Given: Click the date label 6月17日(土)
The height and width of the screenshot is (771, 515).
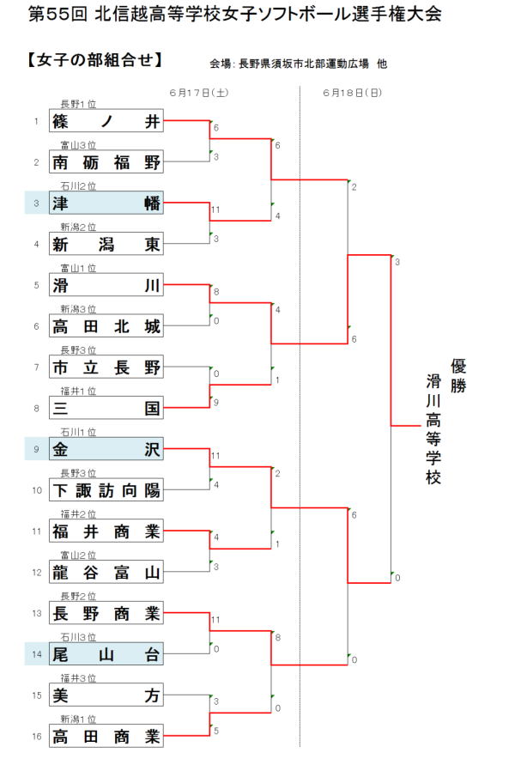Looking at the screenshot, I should click(199, 91).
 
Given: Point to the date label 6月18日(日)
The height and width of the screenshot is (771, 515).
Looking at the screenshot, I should click(353, 91).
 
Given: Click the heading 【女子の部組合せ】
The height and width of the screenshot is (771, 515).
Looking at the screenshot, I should click(94, 60).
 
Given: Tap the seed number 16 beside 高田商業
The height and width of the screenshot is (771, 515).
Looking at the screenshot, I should click(36, 737).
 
